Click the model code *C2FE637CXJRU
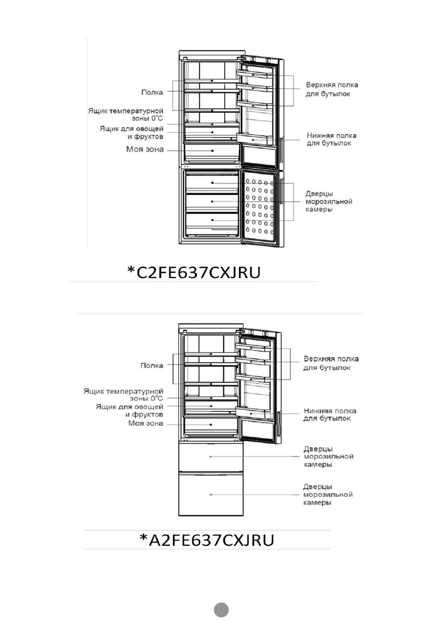pyautogui.click(x=194, y=272)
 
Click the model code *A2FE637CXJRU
pyautogui.click(x=206, y=540)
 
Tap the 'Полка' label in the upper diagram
pyautogui.click(x=152, y=92)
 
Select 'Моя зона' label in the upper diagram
pyautogui.click(x=145, y=150)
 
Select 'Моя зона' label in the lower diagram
pyautogui.click(x=146, y=423)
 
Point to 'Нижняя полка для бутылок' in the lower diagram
pyautogui.click(x=330, y=415)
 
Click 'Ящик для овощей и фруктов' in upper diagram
pyautogui.click(x=132, y=132)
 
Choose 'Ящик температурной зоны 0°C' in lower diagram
pyautogui.click(x=123, y=395)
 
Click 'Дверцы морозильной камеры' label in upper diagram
pyautogui.click(x=329, y=202)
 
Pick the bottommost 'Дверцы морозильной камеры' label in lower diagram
pyautogui.click(x=328, y=494)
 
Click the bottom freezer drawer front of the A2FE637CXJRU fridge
pyautogui.click(x=211, y=494)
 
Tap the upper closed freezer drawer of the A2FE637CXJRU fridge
pyautogui.click(x=211, y=456)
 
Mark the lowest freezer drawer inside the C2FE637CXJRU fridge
pyautogui.click(x=212, y=220)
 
